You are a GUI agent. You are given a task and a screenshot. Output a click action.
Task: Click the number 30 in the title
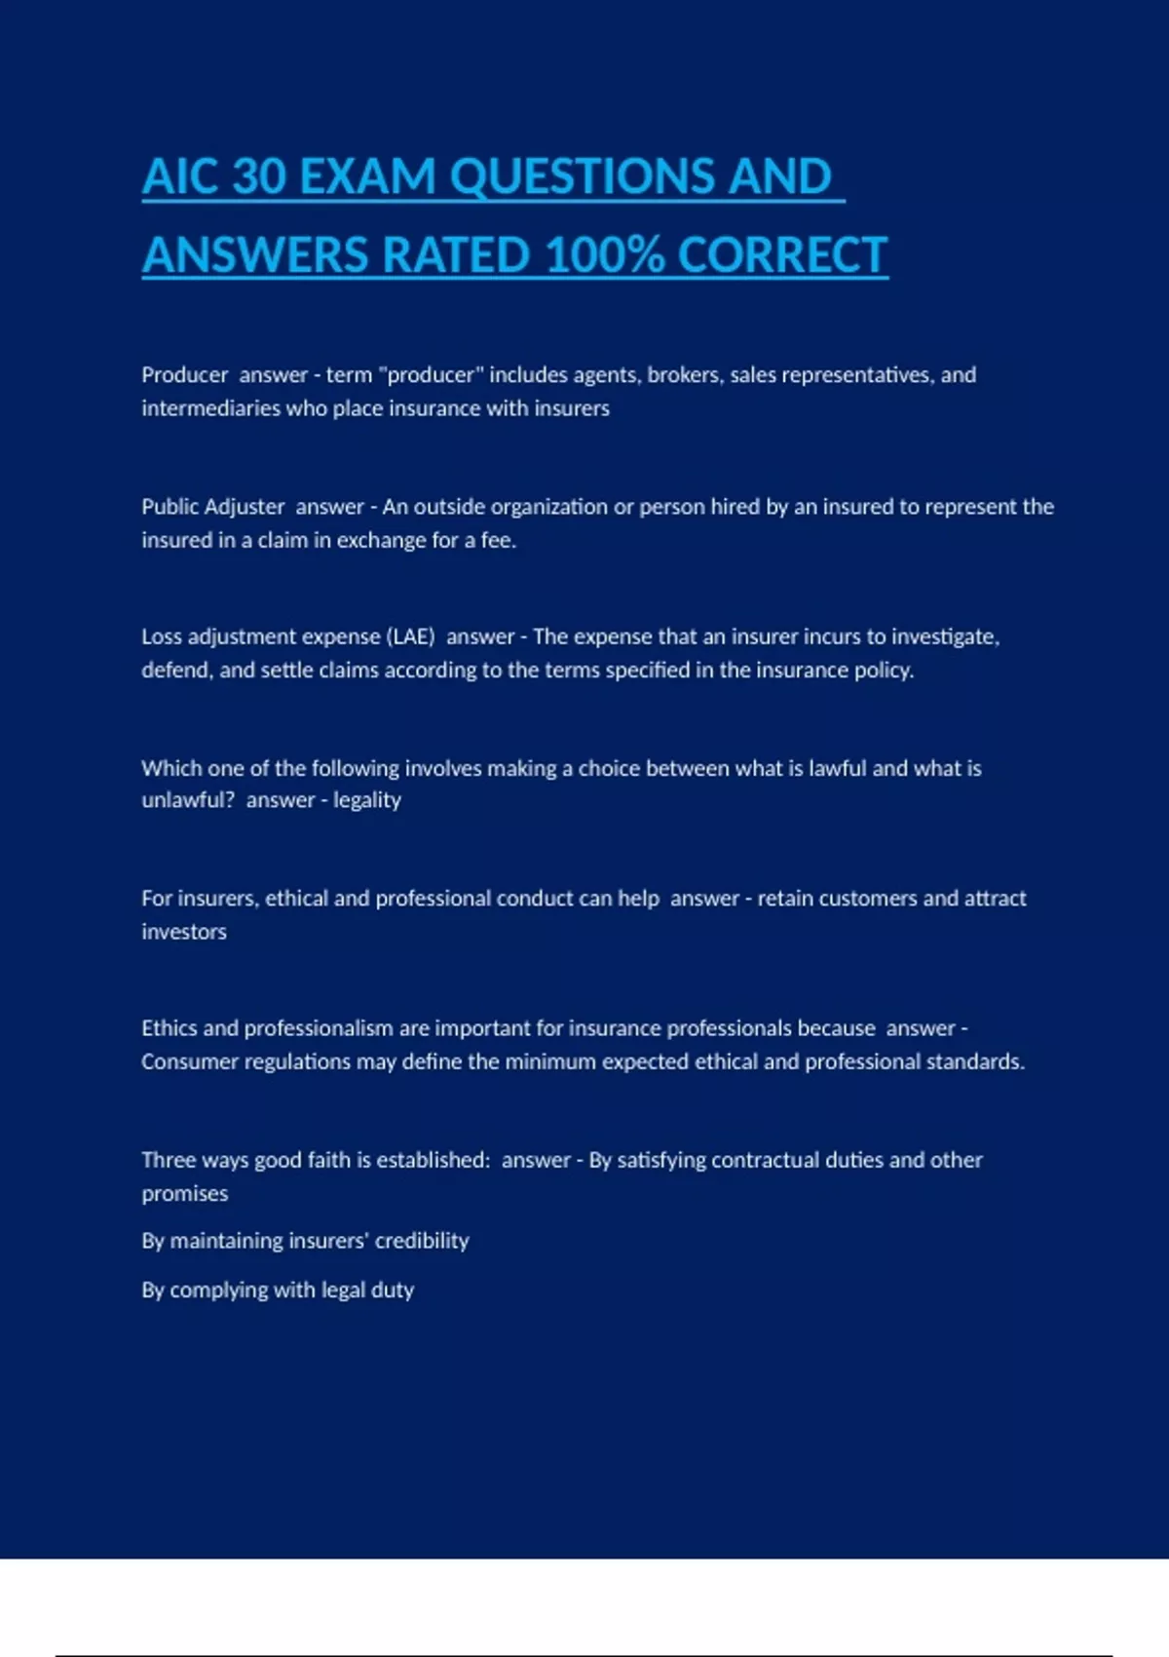[x=259, y=177]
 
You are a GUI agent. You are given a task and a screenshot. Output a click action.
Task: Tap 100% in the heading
[x=605, y=256]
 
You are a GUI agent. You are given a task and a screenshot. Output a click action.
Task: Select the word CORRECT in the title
[x=782, y=256]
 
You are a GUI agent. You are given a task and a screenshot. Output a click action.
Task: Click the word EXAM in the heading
[x=368, y=177]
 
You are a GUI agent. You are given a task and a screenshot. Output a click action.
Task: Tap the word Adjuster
[x=243, y=507]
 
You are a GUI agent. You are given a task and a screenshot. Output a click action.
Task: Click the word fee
[x=498, y=540]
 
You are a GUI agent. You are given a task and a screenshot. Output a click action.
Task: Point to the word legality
[x=367, y=800]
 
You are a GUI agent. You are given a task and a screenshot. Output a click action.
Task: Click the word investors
[x=184, y=932]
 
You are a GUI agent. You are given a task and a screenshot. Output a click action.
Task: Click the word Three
[x=169, y=1160]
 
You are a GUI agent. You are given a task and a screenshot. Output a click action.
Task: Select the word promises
[x=185, y=1194]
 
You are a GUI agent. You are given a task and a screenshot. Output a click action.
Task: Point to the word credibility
[x=422, y=1241]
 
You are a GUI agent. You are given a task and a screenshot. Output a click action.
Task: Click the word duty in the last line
[x=393, y=1291]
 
